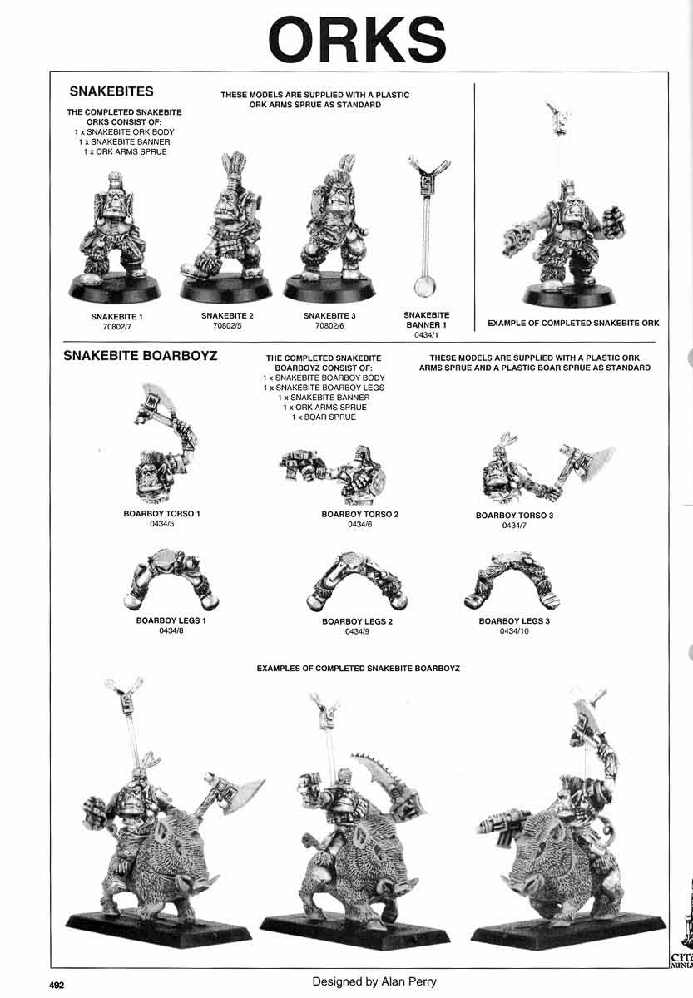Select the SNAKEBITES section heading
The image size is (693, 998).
coord(111,91)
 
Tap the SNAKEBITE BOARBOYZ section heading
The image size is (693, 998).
coord(141,355)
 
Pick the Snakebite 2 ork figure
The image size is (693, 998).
coord(226,229)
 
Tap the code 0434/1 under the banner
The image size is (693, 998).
coord(426,336)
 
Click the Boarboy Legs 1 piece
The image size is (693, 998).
coord(171,578)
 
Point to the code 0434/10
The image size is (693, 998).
coord(514,632)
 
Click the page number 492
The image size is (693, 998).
coord(56,984)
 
